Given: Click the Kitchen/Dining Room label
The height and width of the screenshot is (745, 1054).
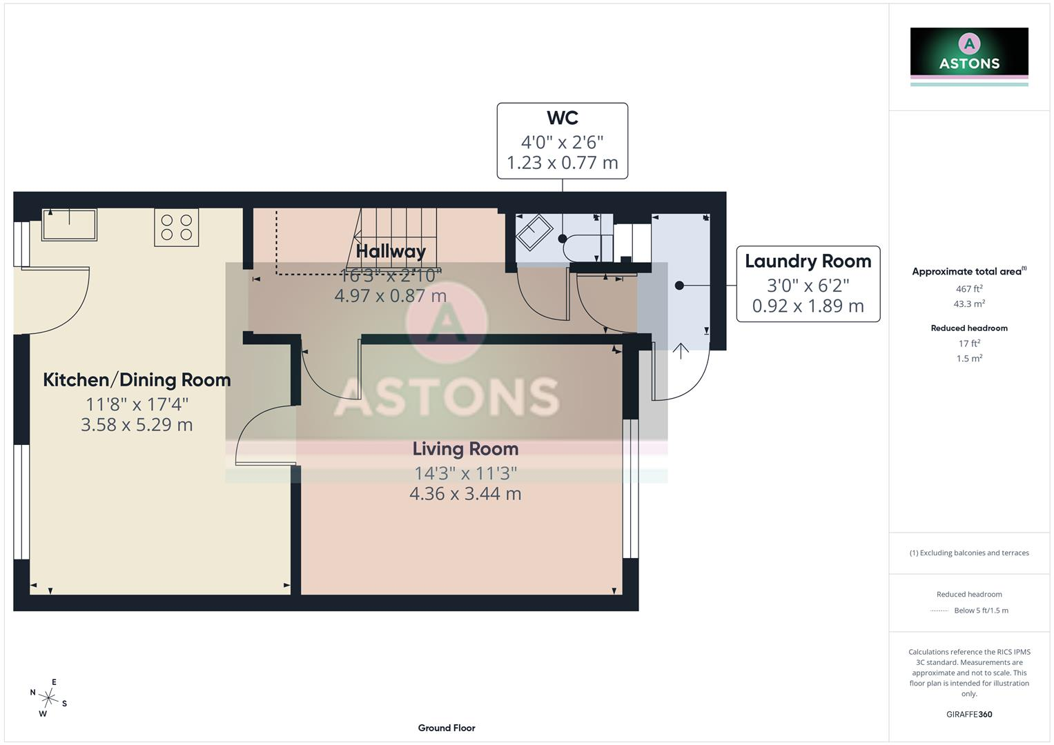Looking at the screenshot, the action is click(x=137, y=380).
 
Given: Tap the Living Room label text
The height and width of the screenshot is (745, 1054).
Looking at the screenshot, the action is click(x=465, y=448).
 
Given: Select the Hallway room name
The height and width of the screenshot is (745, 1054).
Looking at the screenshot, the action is click(x=391, y=251).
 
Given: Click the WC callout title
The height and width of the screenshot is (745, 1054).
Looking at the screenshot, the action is click(x=563, y=117).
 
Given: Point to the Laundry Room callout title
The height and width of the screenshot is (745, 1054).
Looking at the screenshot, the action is click(x=808, y=261).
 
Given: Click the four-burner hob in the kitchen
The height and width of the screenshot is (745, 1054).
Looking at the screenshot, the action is click(x=177, y=228).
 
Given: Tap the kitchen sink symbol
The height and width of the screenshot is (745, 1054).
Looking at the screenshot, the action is click(x=69, y=225).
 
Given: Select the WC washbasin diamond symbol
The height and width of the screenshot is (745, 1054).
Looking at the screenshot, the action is click(x=534, y=232).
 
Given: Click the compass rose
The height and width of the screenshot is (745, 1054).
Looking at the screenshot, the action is click(x=48, y=698).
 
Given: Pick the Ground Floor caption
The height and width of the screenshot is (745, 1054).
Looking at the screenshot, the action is click(x=447, y=728).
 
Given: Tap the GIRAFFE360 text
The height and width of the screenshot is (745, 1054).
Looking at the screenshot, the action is click(x=969, y=714).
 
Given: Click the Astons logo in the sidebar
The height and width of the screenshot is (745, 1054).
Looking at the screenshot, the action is click(x=969, y=57).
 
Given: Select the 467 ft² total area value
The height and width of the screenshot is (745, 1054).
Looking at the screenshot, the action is click(x=969, y=288).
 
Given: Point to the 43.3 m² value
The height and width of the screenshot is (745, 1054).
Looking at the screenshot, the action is click(x=969, y=304).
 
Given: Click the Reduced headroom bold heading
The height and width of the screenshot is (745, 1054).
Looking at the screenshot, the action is click(x=969, y=328).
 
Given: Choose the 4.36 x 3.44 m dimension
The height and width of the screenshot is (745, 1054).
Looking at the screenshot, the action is click(x=465, y=494).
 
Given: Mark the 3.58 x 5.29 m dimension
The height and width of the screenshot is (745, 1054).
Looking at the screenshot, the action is click(x=137, y=425).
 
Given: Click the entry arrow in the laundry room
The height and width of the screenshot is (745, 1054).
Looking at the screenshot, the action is click(x=681, y=351).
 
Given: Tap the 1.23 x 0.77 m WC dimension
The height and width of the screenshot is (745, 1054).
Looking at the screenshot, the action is click(x=563, y=163).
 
